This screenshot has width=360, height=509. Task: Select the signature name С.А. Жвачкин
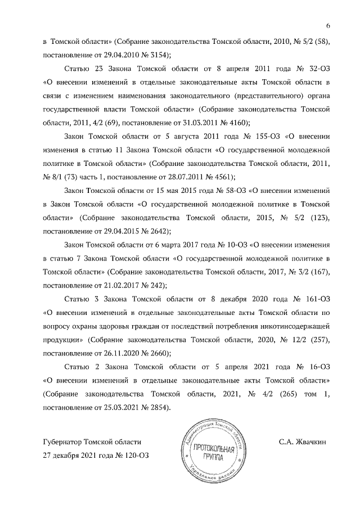pos(304,442)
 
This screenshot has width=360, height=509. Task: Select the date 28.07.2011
pos(189,177)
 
